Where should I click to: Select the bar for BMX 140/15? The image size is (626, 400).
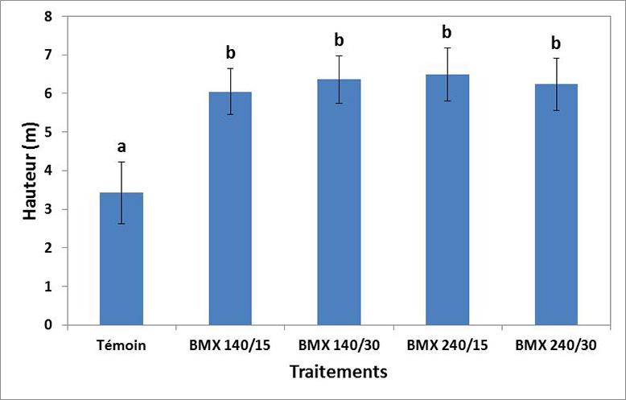pyautogui.click(x=230, y=209)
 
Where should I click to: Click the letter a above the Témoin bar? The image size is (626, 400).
pyautogui.click(x=121, y=146)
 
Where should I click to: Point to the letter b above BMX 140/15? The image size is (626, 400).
pyautogui.click(x=230, y=53)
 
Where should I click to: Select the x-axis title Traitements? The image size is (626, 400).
pyautogui.click(x=339, y=372)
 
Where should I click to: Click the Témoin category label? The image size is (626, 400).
pyautogui.click(x=121, y=346)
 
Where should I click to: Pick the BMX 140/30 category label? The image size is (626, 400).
pyautogui.click(x=339, y=346)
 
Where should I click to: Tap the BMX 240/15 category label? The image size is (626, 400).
pyautogui.click(x=447, y=346)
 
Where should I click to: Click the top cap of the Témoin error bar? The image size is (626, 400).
pyautogui.click(x=121, y=162)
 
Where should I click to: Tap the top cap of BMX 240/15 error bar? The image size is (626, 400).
pyautogui.click(x=447, y=48)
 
